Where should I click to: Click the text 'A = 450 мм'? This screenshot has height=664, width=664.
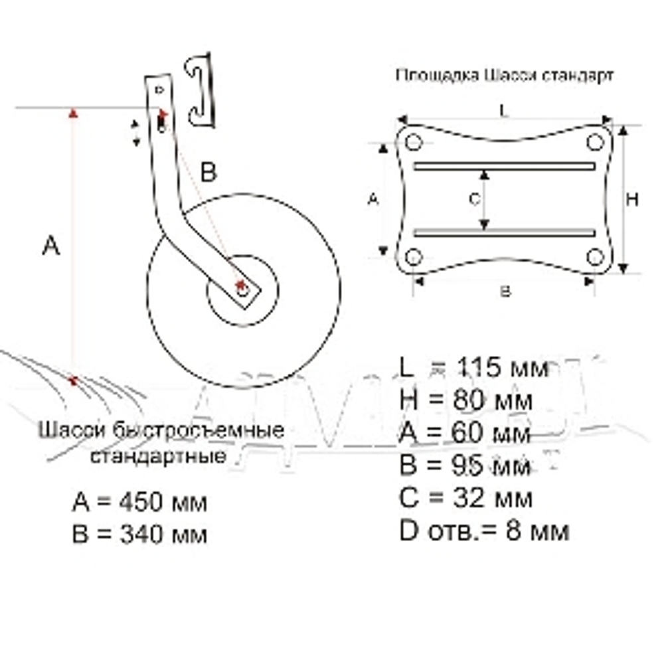click(x=139, y=502)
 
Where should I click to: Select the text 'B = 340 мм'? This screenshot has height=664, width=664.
click(x=139, y=534)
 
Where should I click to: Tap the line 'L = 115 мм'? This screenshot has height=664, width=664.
click(x=474, y=367)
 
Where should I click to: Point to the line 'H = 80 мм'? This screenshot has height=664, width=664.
click(x=465, y=400)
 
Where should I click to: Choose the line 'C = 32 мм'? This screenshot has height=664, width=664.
click(x=465, y=497)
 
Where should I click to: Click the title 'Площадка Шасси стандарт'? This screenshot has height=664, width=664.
click(x=505, y=75)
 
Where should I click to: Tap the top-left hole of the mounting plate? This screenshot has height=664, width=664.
click(x=414, y=143)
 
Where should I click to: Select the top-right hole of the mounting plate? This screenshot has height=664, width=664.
click(x=595, y=142)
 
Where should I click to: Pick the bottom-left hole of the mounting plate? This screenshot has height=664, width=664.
click(x=414, y=257)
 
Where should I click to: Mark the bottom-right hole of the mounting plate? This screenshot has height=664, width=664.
click(x=595, y=257)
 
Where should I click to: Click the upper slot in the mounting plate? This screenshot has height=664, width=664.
click(x=503, y=165)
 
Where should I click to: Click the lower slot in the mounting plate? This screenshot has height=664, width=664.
click(x=503, y=232)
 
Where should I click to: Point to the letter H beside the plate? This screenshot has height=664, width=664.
click(x=633, y=199)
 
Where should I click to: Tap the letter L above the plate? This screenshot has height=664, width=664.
click(x=504, y=112)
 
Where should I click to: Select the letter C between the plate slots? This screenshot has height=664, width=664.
click(x=473, y=199)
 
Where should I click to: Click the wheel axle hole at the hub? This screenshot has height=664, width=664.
click(x=242, y=289)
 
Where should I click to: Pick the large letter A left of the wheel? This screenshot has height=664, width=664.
click(x=51, y=245)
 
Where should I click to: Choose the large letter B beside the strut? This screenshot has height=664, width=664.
click(x=208, y=173)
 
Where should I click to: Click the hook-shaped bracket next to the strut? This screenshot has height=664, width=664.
click(x=201, y=90)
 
